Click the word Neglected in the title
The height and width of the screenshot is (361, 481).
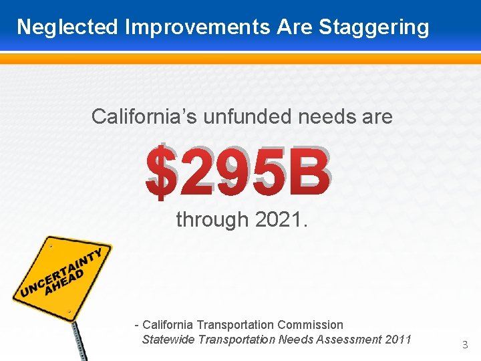click(x=67, y=27)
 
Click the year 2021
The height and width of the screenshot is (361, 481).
click(x=281, y=219)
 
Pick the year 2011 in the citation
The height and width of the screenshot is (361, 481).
click(x=399, y=340)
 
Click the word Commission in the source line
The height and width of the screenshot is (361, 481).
click(x=310, y=325)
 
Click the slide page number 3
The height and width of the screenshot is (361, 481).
click(x=465, y=345)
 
